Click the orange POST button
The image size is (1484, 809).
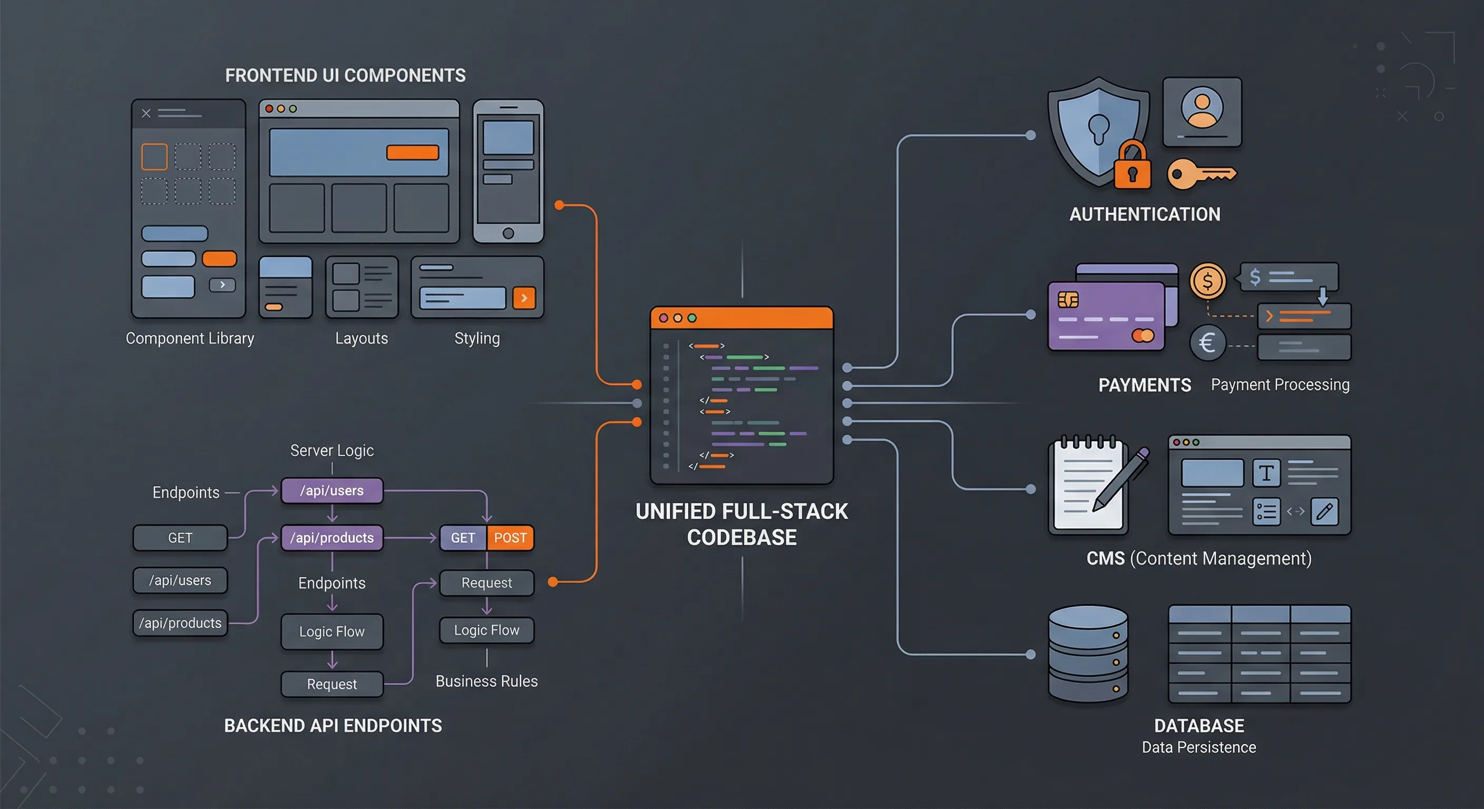(x=511, y=538)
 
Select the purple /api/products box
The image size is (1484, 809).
(x=332, y=538)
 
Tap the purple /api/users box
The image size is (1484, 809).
(x=332, y=490)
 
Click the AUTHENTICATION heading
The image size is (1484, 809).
(x=1145, y=214)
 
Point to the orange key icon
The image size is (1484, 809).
(x=1201, y=174)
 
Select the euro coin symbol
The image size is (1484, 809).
(x=1207, y=343)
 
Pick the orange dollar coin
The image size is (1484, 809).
(x=1207, y=281)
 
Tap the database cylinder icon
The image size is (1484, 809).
(x=1088, y=653)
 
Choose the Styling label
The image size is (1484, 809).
(x=477, y=338)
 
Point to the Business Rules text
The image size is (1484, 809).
(x=486, y=681)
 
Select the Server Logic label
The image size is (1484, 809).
(x=332, y=450)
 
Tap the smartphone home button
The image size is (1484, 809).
(x=508, y=233)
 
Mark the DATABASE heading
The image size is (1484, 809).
(x=1199, y=725)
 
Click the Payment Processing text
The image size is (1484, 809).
(x=1280, y=384)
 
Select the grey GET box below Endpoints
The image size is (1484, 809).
(x=180, y=538)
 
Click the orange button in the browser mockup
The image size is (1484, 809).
(x=413, y=153)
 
